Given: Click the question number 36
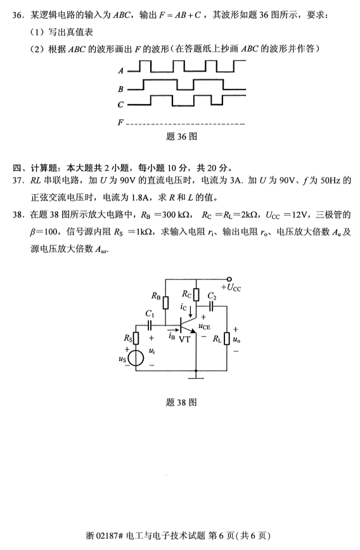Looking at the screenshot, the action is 18,14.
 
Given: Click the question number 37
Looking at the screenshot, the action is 18,182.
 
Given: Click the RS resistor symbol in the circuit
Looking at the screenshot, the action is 134,339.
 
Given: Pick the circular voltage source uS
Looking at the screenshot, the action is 134,359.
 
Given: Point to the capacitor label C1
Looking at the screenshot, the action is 150,313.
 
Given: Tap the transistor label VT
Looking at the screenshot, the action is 184,339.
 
